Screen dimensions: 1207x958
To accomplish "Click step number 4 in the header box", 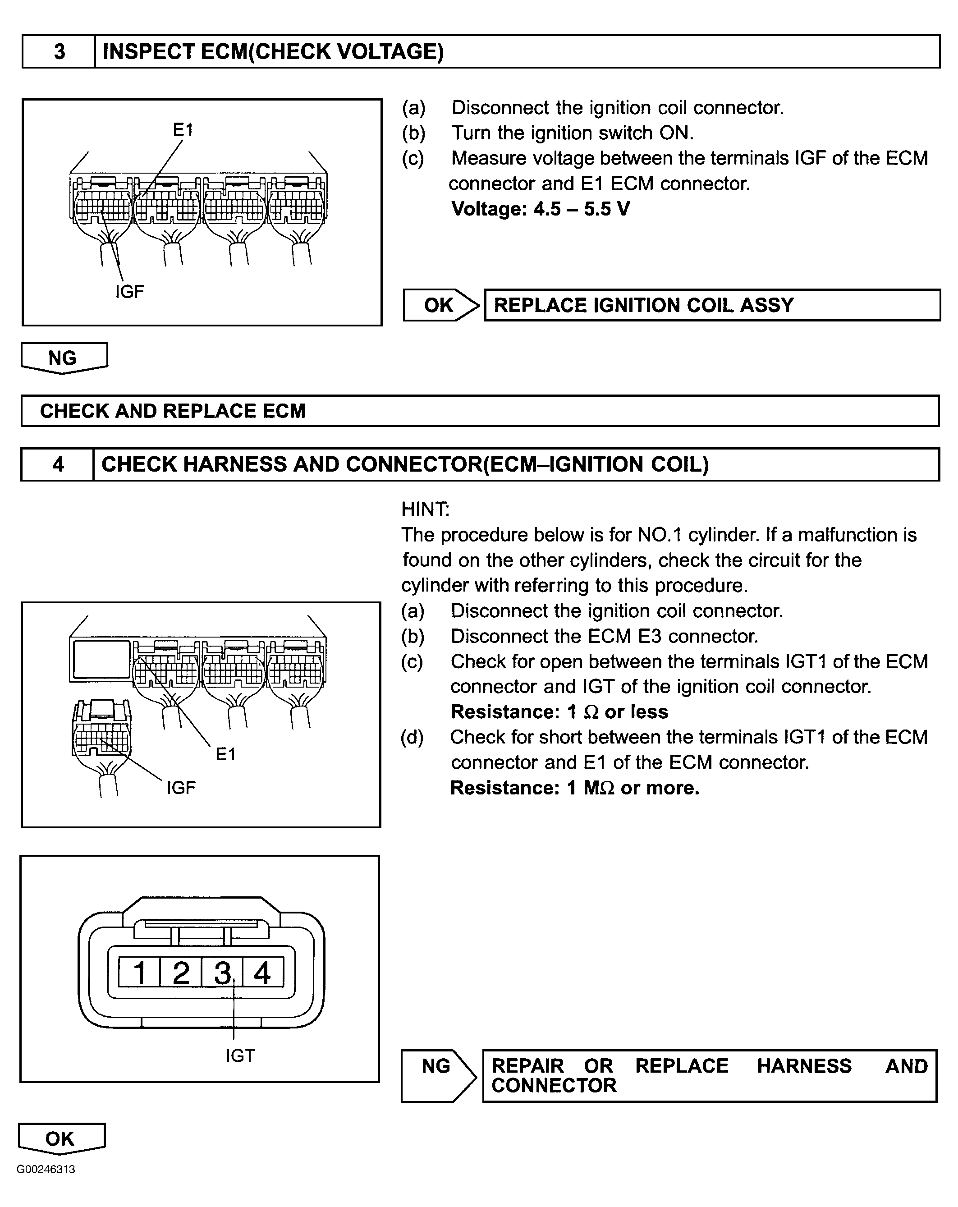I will click(58, 464).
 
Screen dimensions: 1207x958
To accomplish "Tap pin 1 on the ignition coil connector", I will click(139, 973).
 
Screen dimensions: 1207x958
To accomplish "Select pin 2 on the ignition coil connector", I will click(181, 973).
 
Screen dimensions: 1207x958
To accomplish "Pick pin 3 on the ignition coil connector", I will click(222, 973).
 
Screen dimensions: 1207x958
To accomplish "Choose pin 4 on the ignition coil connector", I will click(262, 973).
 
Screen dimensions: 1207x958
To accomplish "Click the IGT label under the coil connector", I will click(240, 1056).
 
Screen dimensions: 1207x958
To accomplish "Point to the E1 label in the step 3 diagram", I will click(183, 130).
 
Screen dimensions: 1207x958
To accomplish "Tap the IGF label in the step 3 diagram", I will click(129, 291).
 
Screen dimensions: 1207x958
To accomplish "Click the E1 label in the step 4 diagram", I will click(226, 754).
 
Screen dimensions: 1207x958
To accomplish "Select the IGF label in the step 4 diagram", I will click(181, 788).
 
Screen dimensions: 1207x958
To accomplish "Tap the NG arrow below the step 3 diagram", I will click(63, 358).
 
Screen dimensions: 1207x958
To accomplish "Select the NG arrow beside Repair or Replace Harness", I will click(437, 1075).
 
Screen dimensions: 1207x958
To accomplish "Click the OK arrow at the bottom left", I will click(60, 1138).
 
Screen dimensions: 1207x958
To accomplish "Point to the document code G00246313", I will click(46, 1170).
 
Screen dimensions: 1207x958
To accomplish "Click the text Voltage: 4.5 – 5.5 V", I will click(540, 209).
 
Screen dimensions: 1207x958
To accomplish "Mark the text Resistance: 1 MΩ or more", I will click(574, 788).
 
